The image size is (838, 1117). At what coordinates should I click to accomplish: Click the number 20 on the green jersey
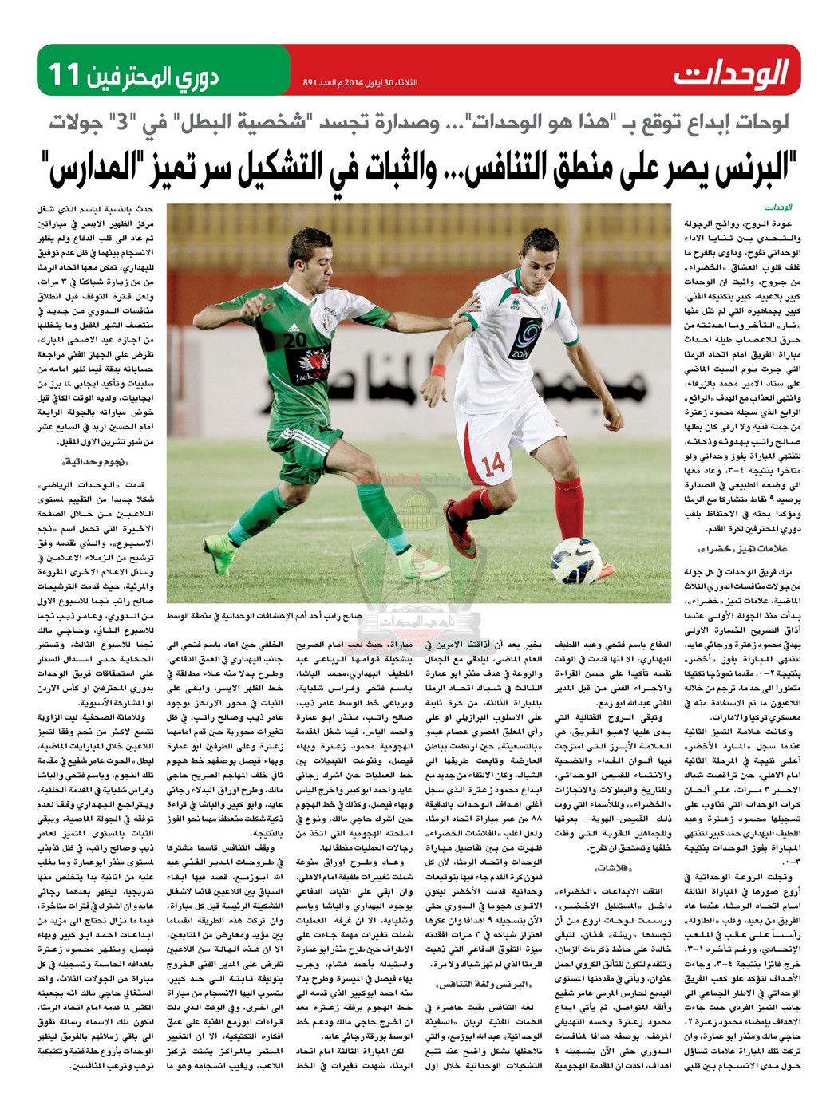[295, 338]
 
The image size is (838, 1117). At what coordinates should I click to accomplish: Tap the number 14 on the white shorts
[494, 463]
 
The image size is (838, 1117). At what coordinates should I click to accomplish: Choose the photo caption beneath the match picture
[263, 616]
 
